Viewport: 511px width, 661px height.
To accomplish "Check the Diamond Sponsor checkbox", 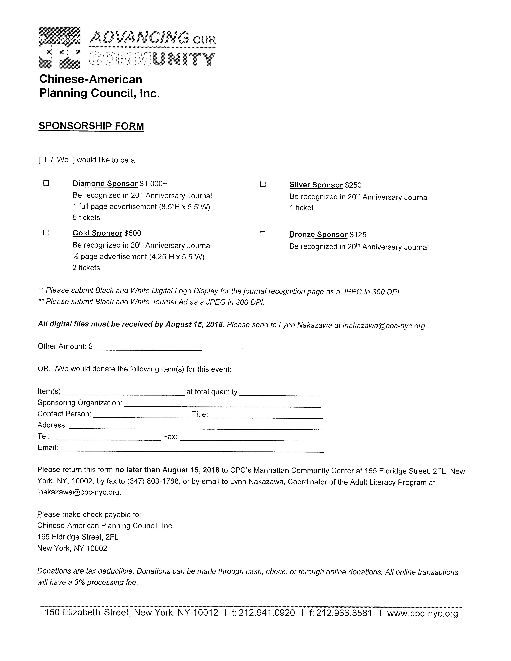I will (46, 183).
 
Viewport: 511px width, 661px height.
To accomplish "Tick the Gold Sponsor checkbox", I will (46, 233).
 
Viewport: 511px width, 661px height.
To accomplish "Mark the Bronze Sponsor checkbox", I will (263, 234).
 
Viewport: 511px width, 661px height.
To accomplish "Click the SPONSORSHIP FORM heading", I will (91, 126).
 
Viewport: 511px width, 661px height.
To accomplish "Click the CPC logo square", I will (60, 48).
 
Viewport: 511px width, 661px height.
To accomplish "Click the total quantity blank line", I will (281, 393).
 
